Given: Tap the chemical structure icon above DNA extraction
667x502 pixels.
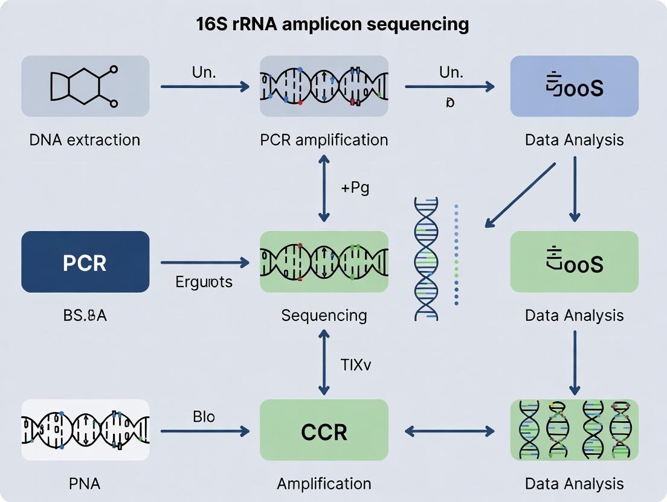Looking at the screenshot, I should point(85,86).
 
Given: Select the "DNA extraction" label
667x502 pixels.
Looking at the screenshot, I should point(85,140).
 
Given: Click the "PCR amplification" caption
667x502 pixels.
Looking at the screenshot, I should point(324,140).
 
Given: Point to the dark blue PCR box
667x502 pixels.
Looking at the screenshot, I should point(85,262).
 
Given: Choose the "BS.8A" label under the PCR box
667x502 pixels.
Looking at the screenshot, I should point(85,315).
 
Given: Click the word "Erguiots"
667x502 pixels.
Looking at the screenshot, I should point(204,282).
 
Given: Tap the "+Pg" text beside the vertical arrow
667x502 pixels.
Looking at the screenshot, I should point(355,188).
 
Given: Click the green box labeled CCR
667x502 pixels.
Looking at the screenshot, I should point(324,431).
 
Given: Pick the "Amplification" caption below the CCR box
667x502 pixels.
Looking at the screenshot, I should point(324,483).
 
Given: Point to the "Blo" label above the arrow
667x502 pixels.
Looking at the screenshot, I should point(204,416).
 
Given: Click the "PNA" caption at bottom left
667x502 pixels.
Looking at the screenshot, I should point(85,483).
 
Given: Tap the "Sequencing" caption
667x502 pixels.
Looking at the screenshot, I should point(324,315).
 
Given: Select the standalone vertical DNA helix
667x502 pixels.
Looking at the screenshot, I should point(427,259).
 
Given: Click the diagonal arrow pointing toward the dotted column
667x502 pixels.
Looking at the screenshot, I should point(520,195).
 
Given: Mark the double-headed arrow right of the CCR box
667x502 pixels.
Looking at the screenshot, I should point(449,431).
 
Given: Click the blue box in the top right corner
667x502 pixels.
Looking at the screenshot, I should point(574,86).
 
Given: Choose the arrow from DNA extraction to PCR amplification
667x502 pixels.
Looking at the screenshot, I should point(205,87).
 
